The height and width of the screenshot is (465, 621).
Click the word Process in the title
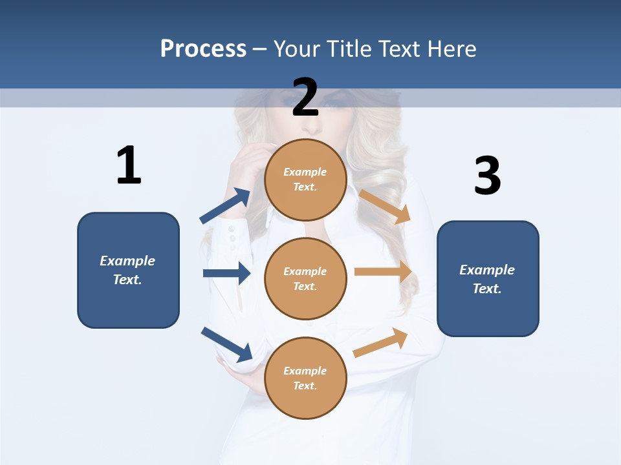pyautogui.click(x=203, y=48)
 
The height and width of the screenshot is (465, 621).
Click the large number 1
pyautogui.click(x=129, y=165)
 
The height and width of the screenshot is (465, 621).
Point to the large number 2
pyautogui.click(x=305, y=98)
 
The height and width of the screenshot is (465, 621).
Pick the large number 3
pyautogui.click(x=487, y=176)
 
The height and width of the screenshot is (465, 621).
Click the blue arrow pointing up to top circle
pyautogui.click(x=225, y=206)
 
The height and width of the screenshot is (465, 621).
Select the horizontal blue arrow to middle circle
pyautogui.click(x=226, y=273)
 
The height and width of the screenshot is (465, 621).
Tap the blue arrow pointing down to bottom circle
pyautogui.click(x=226, y=344)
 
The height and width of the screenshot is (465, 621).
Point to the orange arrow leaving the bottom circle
pyautogui.click(x=380, y=343)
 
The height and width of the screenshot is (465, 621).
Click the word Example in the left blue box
pyautogui.click(x=127, y=261)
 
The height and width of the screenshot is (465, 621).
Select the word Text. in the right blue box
pyautogui.click(x=487, y=289)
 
